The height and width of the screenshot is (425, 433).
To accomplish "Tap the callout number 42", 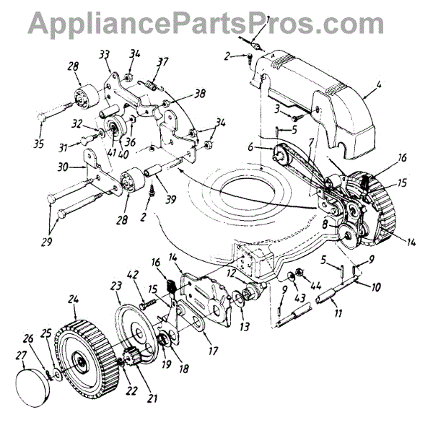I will (132, 274).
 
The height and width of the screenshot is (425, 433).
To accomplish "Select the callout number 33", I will (105, 54).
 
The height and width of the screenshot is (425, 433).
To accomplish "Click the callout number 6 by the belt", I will (250, 146).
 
